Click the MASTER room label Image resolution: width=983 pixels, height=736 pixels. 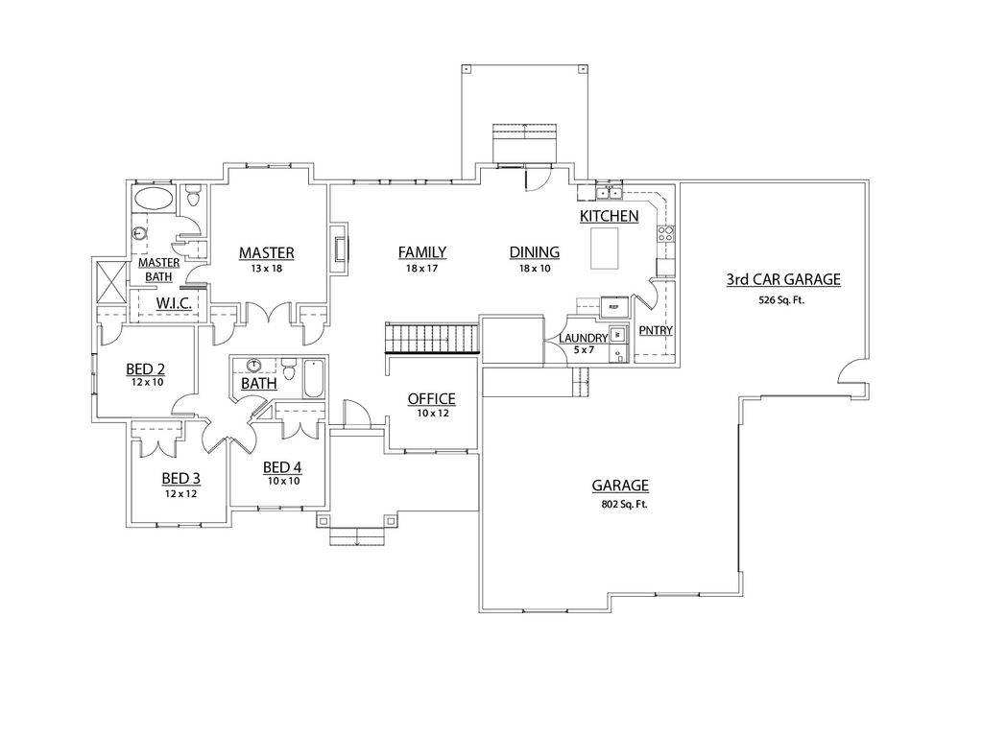tap(266, 252)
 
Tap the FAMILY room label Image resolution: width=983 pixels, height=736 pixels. tap(422, 252)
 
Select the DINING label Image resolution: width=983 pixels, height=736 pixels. tap(534, 252)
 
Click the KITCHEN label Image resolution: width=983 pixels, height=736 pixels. tap(609, 217)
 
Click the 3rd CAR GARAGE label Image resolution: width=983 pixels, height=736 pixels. tap(782, 279)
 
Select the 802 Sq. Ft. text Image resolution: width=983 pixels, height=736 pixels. tap(620, 504)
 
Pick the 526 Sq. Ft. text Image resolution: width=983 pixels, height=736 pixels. tap(782, 299)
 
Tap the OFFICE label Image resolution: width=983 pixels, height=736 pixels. tap(431, 398)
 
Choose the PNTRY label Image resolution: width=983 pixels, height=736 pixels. tap(655, 331)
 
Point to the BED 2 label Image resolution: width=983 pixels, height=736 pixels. tap(146, 368)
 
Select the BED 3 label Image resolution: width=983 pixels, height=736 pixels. tap(180, 478)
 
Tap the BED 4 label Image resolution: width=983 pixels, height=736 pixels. tap(283, 467)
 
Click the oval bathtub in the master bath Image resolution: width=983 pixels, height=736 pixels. tap(155, 199)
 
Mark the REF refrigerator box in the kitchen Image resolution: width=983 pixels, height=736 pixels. tap(614, 307)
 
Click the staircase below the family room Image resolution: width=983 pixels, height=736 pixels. tap(431, 339)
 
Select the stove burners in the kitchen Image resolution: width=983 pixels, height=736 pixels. tap(665, 232)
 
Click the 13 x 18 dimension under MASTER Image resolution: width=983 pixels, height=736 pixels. tap(266, 268)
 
